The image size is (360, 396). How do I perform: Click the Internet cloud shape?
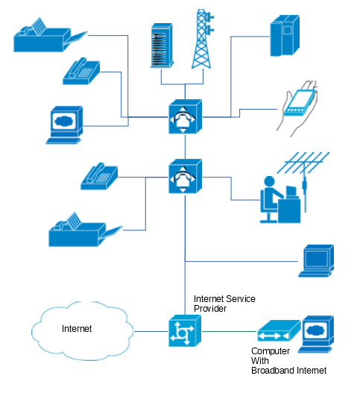coord(82,331)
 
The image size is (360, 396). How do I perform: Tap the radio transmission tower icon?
coord(203,39)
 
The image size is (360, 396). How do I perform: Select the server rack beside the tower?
coord(162,45)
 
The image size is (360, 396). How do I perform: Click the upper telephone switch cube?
coord(185,116)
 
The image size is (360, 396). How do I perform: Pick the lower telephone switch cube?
coord(185,176)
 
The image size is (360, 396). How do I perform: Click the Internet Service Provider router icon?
coord(185,331)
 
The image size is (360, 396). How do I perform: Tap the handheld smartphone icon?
coord(297,109)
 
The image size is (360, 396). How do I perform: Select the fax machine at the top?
coord(51,35)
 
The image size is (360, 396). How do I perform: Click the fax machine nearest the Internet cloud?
coord(85,230)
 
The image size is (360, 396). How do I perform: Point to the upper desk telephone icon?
coord(81,71)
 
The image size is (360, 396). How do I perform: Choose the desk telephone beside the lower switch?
coord(99,176)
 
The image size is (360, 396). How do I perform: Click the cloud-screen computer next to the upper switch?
coord(65,125)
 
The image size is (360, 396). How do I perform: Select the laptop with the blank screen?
coord(316,261)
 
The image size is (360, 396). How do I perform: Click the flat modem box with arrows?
coord(279,331)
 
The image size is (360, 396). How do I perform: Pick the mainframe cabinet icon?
coord(285,35)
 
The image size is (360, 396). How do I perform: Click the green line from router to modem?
coord(230,331)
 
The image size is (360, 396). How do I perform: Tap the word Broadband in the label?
coord(273,371)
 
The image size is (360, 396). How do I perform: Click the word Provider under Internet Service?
coord(210,309)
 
